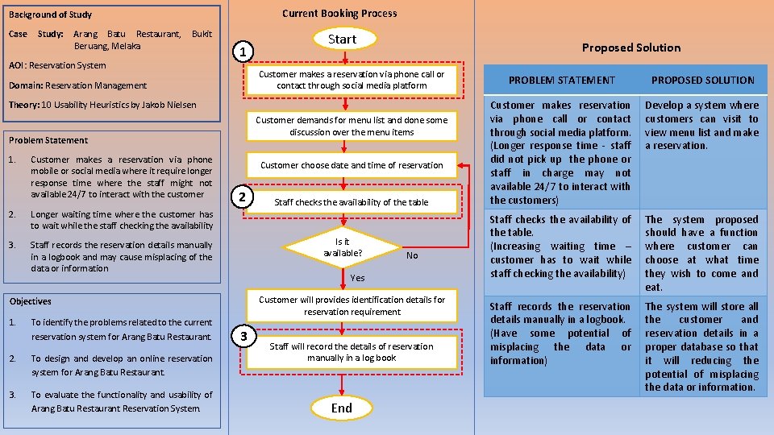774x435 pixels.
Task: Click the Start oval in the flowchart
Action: click(x=342, y=39)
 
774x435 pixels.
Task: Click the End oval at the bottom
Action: click(x=342, y=408)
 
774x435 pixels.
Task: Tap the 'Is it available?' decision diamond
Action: click(x=343, y=247)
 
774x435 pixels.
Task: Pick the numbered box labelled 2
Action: click(x=243, y=197)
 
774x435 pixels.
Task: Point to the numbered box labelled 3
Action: click(x=243, y=335)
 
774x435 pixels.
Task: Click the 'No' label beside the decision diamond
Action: click(x=412, y=255)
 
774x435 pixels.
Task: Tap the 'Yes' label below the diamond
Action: click(x=357, y=278)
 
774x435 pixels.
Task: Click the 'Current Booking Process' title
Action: click(x=339, y=13)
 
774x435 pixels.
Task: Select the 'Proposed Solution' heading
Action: click(x=630, y=48)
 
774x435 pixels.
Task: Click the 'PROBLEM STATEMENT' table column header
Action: click(x=561, y=80)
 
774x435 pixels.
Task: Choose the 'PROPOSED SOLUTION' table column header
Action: click(x=702, y=80)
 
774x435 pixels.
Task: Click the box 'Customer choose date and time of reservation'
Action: click(x=352, y=165)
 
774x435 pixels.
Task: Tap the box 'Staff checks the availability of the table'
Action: click(x=352, y=202)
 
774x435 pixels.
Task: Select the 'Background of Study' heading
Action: click(x=50, y=14)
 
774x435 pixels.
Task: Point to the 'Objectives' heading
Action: click(x=30, y=301)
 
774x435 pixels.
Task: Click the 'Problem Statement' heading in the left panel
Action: click(x=48, y=140)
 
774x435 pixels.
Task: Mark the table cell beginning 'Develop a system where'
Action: click(x=701, y=126)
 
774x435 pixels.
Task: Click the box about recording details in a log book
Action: click(x=352, y=352)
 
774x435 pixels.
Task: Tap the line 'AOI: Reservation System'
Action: click(x=57, y=65)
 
